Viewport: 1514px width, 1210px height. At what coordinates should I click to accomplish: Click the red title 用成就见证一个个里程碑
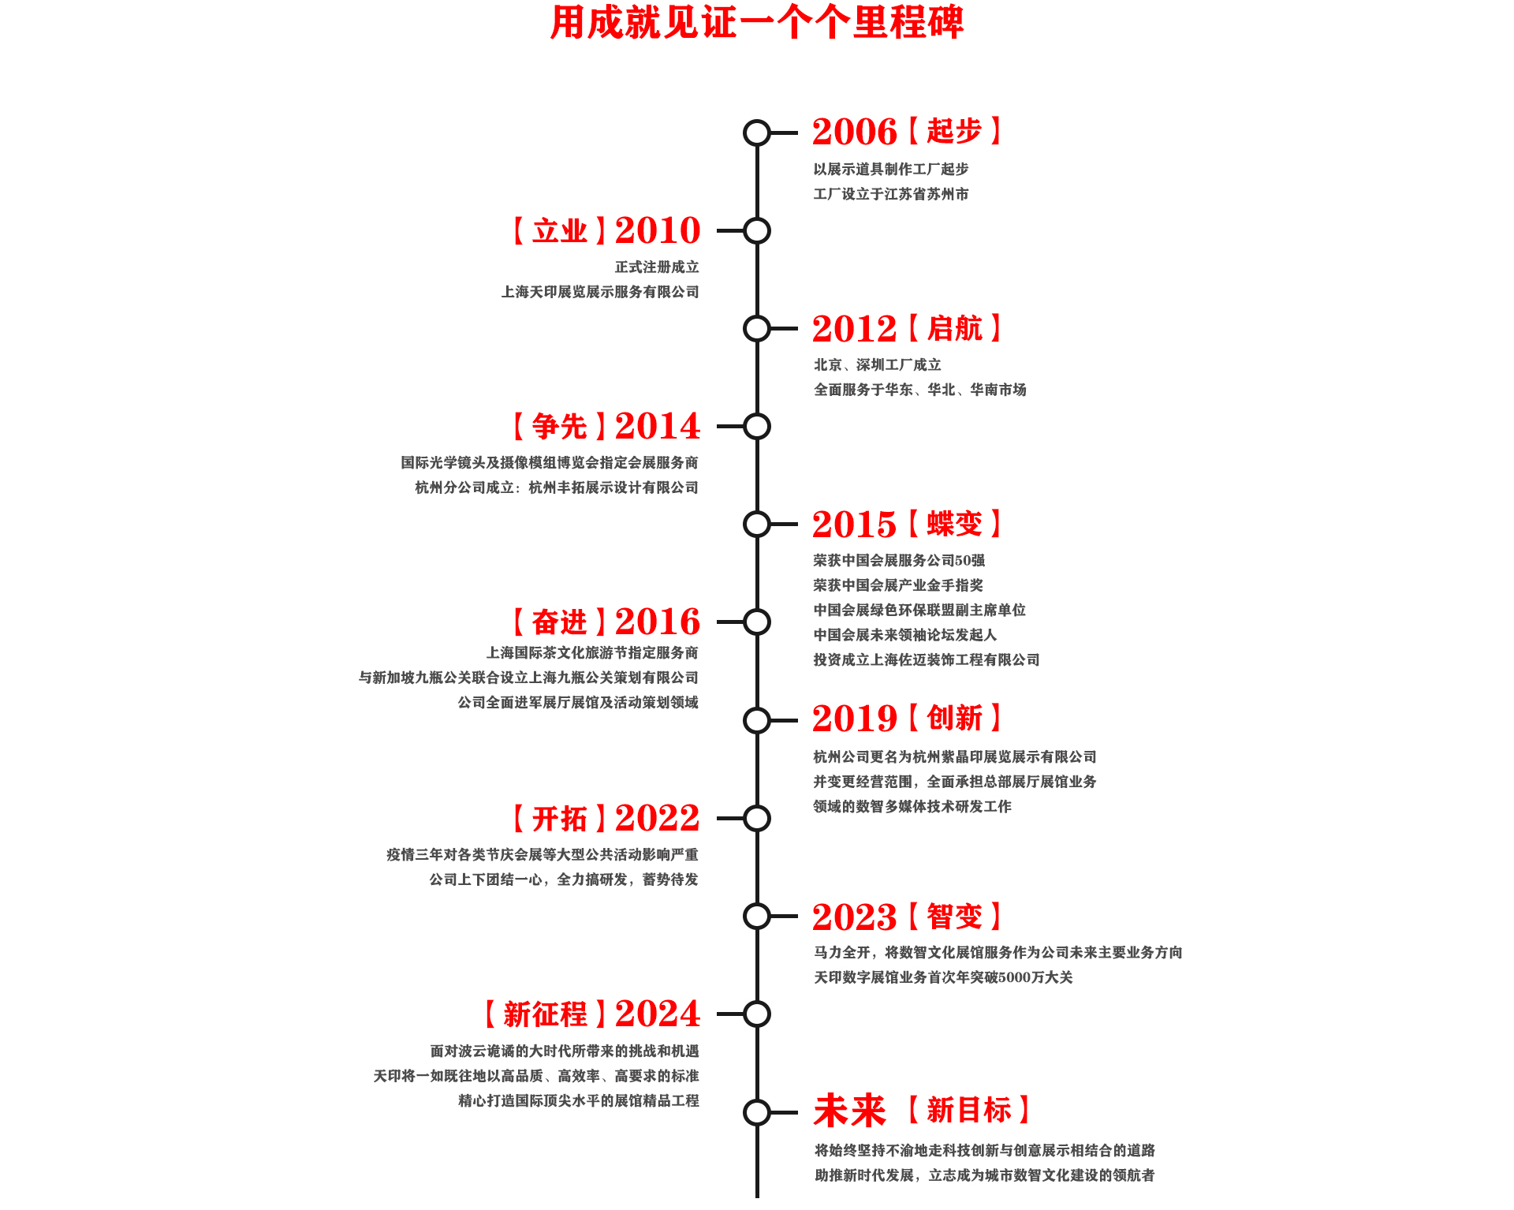coord(757,22)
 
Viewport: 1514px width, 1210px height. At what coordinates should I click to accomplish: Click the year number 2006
coord(855,132)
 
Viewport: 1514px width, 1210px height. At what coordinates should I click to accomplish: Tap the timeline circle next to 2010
coord(757,231)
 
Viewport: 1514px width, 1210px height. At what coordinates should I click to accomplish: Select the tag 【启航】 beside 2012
coord(955,328)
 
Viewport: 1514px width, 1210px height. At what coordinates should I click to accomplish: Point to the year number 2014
coord(658,426)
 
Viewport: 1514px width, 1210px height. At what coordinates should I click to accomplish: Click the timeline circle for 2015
coord(757,524)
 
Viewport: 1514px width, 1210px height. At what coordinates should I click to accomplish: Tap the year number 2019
coord(855,719)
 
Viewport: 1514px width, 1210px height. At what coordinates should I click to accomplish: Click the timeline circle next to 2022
coord(757,818)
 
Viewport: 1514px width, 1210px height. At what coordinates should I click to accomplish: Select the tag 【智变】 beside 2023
coord(955,917)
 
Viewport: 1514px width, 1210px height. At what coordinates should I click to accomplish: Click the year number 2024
coord(658,1014)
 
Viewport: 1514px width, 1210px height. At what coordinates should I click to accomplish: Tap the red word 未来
coord(850,1111)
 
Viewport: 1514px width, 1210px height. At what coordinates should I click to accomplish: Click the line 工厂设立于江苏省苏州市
coord(891,194)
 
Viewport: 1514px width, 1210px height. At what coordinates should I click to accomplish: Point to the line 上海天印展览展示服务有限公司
coord(600,292)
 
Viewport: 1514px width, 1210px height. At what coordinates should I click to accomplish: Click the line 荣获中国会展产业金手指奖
coord(898,585)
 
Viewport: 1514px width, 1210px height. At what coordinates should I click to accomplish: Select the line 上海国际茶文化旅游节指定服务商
coord(592,653)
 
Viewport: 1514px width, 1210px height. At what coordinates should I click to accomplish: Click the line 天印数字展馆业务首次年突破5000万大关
coord(943,977)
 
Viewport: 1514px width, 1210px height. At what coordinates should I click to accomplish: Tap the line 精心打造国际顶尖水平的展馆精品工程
coord(579,1100)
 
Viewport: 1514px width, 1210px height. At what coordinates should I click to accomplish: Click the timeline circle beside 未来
coord(757,1112)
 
